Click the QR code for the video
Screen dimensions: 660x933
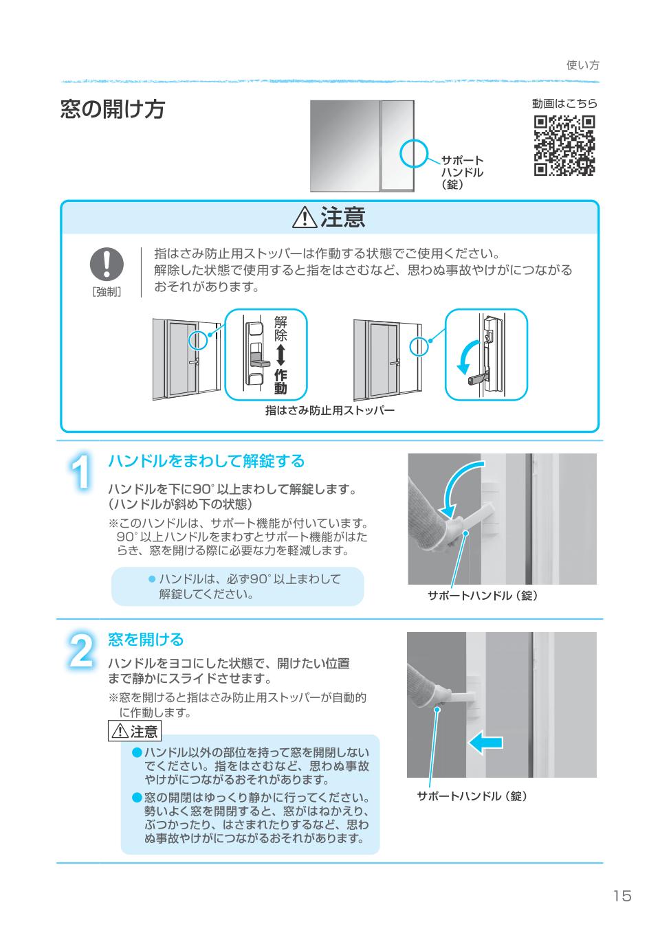pos(564,146)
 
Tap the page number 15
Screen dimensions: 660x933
pos(622,895)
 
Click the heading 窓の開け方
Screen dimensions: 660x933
pos(113,109)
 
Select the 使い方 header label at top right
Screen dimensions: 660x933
pos(582,65)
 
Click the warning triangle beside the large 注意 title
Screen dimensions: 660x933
pos(305,218)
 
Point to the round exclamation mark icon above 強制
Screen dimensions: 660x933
pos(107,264)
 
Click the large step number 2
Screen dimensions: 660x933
pos(81,651)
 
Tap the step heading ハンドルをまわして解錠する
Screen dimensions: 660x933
pos(206,461)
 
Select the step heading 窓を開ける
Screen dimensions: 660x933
pos(146,640)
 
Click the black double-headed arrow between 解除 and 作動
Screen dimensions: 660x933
pos(280,355)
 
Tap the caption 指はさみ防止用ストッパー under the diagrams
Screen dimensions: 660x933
pos(329,411)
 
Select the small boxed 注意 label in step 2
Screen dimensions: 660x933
pos(135,732)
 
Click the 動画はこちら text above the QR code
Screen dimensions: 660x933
pos(564,103)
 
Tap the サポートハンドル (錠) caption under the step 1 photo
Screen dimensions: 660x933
pos(483,596)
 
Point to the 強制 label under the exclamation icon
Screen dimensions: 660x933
pos(107,292)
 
